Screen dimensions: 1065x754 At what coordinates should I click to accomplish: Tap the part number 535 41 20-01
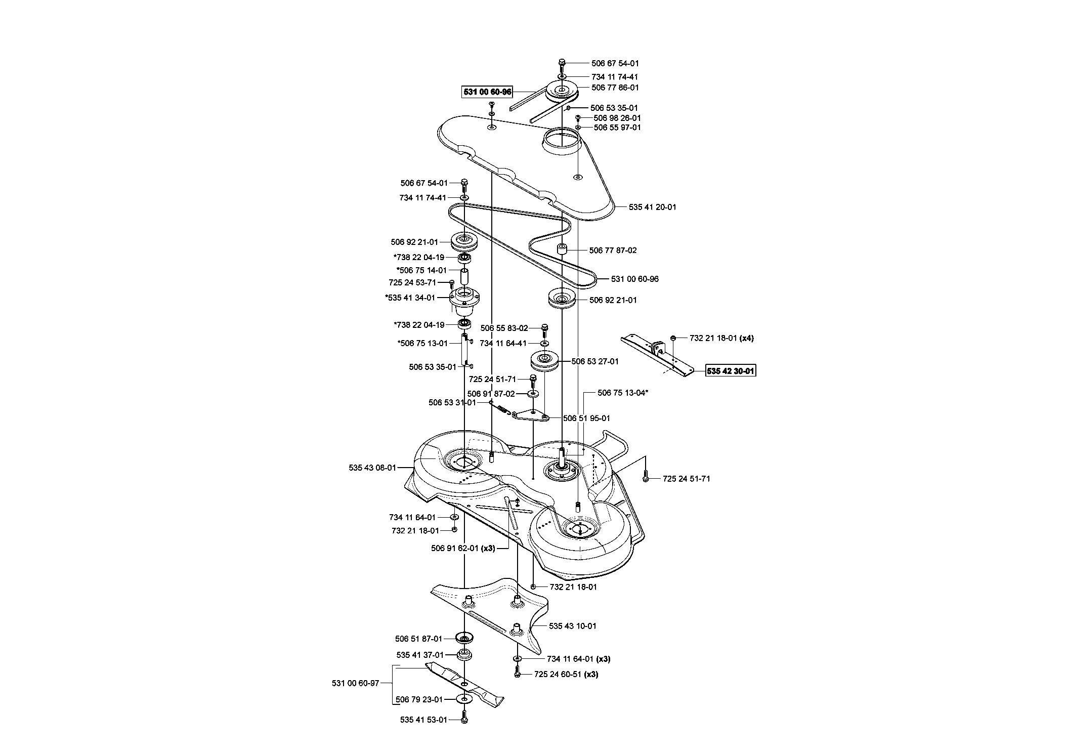click(x=653, y=207)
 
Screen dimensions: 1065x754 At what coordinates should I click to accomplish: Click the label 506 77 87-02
click(x=613, y=250)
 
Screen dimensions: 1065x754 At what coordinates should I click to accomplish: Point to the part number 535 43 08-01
click(x=372, y=468)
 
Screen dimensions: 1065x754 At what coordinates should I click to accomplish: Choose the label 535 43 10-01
click(x=573, y=626)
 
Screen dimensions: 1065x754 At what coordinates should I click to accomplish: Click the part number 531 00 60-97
click(x=356, y=684)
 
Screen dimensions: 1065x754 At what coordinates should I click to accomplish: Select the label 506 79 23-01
click(x=419, y=700)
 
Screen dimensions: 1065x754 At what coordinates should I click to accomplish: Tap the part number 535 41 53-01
click(x=423, y=720)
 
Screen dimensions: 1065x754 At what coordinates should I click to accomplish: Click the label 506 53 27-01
click(x=595, y=362)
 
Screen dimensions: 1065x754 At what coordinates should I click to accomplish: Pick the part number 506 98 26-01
click(x=617, y=118)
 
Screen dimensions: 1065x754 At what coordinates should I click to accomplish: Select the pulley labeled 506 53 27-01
click(x=544, y=362)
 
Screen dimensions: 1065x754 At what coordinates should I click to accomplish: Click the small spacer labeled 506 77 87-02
click(x=561, y=250)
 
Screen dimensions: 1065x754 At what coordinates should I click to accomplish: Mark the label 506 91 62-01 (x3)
click(x=463, y=548)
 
